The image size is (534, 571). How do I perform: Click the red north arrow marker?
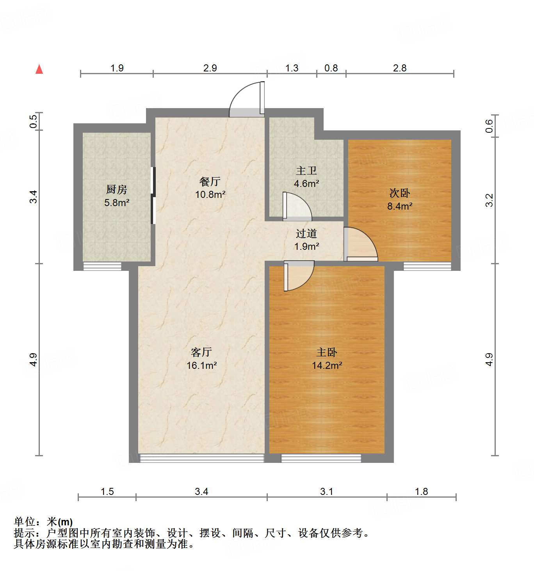tap(39, 69)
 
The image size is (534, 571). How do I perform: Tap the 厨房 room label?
tap(116, 190)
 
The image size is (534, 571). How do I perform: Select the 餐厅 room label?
tap(210, 181)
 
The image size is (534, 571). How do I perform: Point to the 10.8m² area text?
tap(210, 194)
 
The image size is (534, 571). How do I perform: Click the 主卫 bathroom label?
tap(306, 171)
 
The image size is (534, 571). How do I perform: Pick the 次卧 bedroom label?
tap(400, 193)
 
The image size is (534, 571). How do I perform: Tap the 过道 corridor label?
tap(306, 234)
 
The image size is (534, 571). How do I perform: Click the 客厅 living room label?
tap(201, 352)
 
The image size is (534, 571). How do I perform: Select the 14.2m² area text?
tap(327, 365)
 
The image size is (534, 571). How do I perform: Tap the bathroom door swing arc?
tap(297, 205)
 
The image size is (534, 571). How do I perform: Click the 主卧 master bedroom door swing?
tap(299, 276)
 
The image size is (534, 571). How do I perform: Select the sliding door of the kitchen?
tap(153, 195)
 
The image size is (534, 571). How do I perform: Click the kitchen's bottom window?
tap(102, 267)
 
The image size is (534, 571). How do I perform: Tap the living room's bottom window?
tap(202, 458)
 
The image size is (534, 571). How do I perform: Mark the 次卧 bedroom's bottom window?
tap(427, 267)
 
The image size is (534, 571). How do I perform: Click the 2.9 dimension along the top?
tap(210, 68)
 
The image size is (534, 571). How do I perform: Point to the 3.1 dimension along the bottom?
tap(327, 491)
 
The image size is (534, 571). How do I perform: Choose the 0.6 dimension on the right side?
tap(489, 126)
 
